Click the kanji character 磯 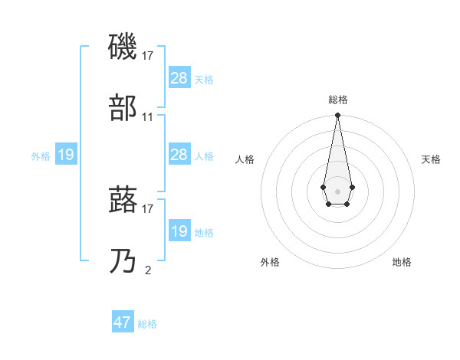coord(123,47)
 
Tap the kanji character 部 coord(123,109)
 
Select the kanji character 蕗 coord(123,199)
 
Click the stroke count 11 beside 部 coord(148,117)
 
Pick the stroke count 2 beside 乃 coord(148,270)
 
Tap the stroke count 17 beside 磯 coord(148,55)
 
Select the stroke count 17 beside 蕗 coord(148,208)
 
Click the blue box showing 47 coord(123,322)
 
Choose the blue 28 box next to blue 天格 coord(179,78)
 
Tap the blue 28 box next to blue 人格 coord(179,155)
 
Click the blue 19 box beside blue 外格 coord(66,155)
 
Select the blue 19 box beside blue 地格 coord(179,231)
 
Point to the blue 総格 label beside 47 coord(147,324)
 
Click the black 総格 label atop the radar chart coord(338,100)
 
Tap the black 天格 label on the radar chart coord(431,159)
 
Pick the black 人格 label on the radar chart coord(245,159)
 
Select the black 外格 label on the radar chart coord(270,262)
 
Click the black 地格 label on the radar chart coord(402,262)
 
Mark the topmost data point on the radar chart coord(337,116)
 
